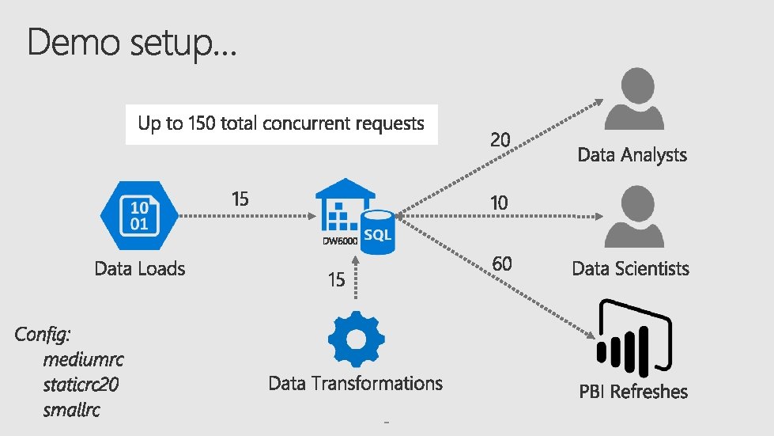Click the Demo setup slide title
[x=130, y=43]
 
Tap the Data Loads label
[x=139, y=268]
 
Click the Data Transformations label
[x=355, y=384]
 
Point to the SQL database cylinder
[x=376, y=232]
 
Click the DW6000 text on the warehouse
[x=339, y=239]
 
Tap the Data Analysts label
[x=632, y=154]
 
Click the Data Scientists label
[x=631, y=268]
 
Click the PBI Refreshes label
[x=633, y=391]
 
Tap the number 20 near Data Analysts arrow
[x=500, y=140]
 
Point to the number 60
[x=502, y=263]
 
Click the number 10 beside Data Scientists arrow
[x=499, y=203]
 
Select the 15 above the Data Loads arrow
[x=240, y=199]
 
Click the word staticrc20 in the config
[x=82, y=385]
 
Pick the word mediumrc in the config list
[x=84, y=360]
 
